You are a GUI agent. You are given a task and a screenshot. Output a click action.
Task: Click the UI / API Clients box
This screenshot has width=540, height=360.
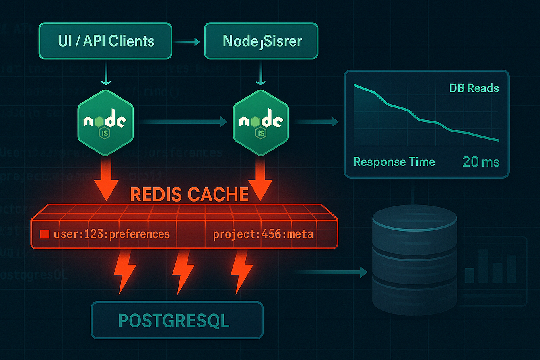(x=105, y=41)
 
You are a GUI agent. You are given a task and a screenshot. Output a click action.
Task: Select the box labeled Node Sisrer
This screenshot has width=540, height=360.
(x=261, y=41)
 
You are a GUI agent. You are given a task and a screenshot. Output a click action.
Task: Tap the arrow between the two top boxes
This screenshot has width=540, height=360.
(x=187, y=41)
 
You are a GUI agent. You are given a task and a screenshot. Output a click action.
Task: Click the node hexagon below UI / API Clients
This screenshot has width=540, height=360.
(x=105, y=122)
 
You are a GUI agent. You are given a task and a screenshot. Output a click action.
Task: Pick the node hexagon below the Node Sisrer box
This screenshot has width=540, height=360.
(x=261, y=122)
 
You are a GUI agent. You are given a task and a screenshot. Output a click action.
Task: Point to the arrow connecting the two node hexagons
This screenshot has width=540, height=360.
(x=183, y=122)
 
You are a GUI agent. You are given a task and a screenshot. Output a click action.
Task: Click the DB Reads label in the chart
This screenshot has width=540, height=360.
(x=474, y=88)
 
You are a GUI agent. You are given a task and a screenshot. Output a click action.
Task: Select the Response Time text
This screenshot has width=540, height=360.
(x=394, y=162)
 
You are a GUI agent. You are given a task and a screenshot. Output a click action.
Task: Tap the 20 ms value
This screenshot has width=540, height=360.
(x=481, y=162)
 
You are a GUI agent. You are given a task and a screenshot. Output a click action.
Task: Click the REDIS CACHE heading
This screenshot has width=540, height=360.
(x=189, y=195)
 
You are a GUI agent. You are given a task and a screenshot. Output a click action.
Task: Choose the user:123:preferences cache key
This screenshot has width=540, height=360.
(x=112, y=234)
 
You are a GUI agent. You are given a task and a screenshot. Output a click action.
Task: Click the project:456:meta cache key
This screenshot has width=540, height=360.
(x=263, y=234)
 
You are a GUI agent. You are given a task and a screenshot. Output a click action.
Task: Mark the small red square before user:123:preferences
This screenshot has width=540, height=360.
(x=44, y=234)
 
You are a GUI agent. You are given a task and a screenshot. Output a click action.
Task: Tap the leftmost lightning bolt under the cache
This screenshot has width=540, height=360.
(x=124, y=272)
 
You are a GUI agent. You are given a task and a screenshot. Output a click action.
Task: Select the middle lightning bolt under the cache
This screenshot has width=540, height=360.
(x=183, y=272)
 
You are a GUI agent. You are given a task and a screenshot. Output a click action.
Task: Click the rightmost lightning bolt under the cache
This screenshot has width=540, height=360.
(x=241, y=272)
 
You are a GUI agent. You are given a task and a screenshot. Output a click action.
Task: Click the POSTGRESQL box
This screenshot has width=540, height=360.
(x=177, y=320)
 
